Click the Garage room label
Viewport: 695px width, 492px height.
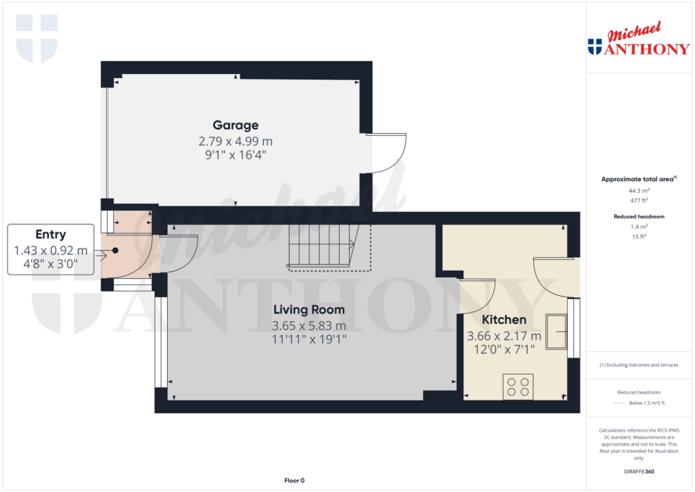pos(236,125)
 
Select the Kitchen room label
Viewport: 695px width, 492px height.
pos(504,320)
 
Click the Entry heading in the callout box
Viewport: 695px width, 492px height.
pos(51,235)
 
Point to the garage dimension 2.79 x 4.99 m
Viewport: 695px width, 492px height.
pos(236,141)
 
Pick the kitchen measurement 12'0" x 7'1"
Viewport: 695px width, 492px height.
pos(504,349)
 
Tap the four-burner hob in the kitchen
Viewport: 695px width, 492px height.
pos(518,386)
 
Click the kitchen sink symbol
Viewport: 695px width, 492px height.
pos(557,331)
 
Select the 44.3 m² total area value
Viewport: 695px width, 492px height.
pos(638,191)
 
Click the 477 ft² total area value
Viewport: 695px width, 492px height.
pos(638,200)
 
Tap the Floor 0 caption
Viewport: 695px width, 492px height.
pos(294,480)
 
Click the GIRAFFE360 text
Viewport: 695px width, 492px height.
pos(638,472)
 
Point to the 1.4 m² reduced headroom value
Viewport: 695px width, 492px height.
pos(638,227)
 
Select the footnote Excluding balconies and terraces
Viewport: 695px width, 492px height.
pos(638,365)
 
